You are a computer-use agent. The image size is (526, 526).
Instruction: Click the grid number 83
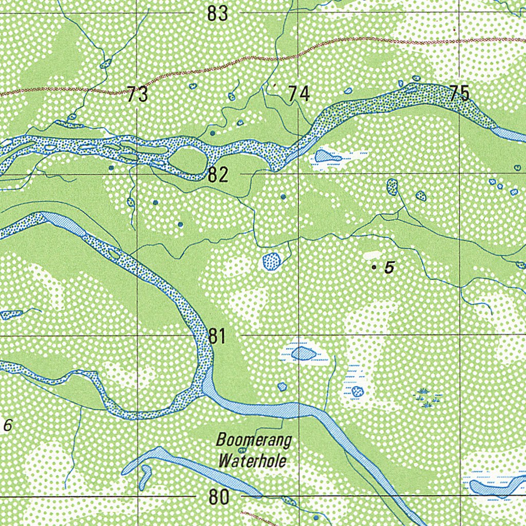click(x=217, y=14)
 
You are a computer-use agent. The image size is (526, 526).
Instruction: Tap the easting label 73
click(x=138, y=95)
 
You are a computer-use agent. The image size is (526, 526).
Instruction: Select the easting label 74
click(x=299, y=94)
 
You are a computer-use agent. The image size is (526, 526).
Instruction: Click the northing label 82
click(x=218, y=175)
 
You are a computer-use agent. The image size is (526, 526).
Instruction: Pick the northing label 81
click(x=218, y=337)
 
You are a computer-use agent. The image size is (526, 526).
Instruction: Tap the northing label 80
click(x=219, y=497)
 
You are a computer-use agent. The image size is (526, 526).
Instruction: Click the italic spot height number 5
click(x=389, y=267)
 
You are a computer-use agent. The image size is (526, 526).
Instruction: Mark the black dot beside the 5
click(x=374, y=267)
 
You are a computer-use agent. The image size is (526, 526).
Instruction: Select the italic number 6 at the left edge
click(x=7, y=425)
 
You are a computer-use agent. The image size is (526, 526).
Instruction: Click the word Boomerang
click(x=253, y=440)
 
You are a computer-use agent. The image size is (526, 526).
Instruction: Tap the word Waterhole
click(x=251, y=460)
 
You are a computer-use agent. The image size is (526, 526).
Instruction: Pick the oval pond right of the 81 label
click(x=304, y=353)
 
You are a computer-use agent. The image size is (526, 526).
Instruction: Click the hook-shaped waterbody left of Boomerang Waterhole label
click(x=145, y=476)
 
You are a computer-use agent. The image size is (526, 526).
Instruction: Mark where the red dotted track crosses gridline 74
click(x=298, y=51)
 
